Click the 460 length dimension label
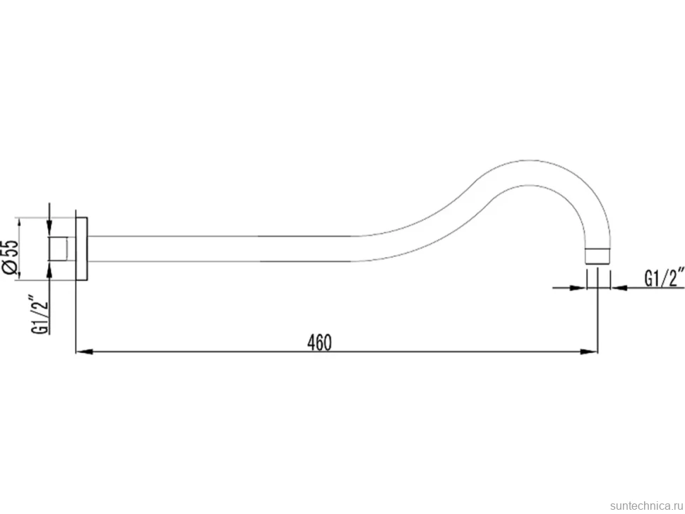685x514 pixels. tap(319, 343)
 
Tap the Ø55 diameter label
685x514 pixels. tap(11, 258)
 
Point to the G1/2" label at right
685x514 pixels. tap(664, 278)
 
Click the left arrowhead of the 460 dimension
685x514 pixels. tap(84, 352)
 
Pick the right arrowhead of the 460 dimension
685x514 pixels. tap(589, 352)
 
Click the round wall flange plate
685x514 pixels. tap(82, 249)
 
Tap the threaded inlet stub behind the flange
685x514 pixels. tap(59, 249)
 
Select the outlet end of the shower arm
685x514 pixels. tap(597, 256)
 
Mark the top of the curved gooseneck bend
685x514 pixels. tap(529, 161)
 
